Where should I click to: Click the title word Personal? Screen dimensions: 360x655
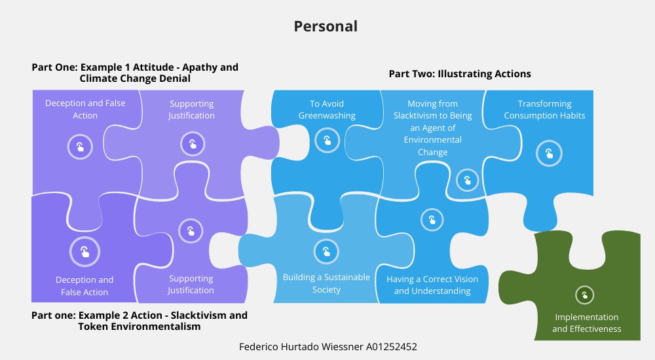pyautogui.click(x=326, y=26)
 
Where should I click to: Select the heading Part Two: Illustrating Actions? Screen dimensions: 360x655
pyautogui.click(x=460, y=74)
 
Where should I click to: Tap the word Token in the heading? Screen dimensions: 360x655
pyautogui.click(x=93, y=327)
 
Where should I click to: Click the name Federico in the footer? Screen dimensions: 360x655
pyautogui.click(x=260, y=346)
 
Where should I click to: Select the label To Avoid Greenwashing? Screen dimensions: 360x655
pyautogui.click(x=327, y=109)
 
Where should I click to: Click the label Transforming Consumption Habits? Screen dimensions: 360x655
pyautogui.click(x=544, y=109)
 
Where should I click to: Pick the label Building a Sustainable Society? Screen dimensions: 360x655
pyautogui.click(x=326, y=283)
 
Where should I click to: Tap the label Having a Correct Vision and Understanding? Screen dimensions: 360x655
pyautogui.click(x=432, y=285)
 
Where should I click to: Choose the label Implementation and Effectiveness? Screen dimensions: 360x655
pyautogui.click(x=586, y=323)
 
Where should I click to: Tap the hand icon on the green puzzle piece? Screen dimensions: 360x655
pyautogui.click(x=584, y=295)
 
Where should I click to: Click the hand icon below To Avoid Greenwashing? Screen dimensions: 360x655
pyautogui.click(x=327, y=139)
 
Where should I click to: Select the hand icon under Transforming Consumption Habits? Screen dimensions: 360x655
pyautogui.click(x=548, y=154)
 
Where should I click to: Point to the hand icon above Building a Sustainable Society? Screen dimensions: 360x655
pyautogui.click(x=326, y=251)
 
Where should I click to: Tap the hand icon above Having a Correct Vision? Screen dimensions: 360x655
pyautogui.click(x=432, y=220)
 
